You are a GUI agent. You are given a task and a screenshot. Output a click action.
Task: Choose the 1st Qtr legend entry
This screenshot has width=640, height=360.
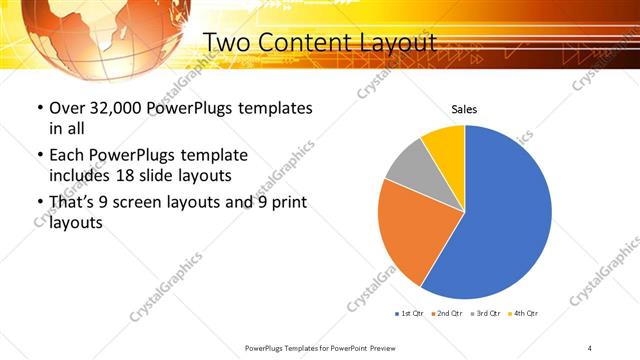(x=410, y=314)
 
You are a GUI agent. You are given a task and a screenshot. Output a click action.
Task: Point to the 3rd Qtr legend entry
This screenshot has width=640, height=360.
(x=485, y=314)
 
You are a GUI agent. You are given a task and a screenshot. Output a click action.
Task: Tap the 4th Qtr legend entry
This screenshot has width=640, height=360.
(x=523, y=314)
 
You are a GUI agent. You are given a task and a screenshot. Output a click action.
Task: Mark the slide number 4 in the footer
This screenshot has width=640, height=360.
(x=590, y=347)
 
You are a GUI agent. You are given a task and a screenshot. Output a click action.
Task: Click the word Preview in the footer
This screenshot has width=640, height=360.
(x=388, y=347)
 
